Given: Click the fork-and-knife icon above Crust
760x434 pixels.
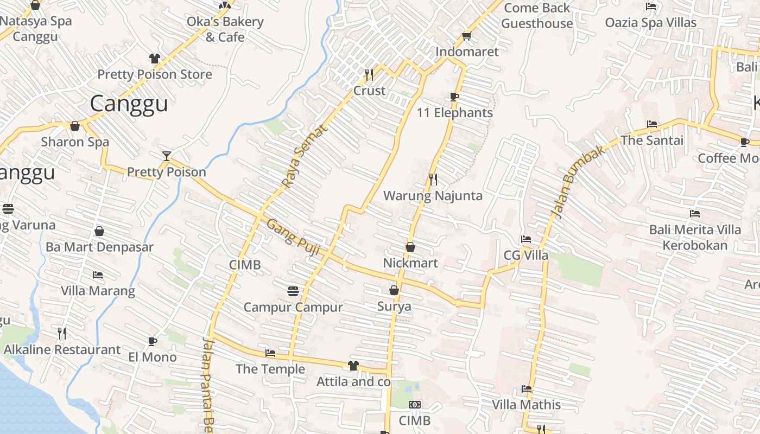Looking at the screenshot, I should click(369, 74).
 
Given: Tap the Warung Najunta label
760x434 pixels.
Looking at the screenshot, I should click(433, 196).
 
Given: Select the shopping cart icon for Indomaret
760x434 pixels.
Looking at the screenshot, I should click(466, 36).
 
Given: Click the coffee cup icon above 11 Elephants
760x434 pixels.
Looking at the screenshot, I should click(454, 97).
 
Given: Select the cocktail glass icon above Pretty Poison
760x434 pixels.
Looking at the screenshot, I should click(167, 156).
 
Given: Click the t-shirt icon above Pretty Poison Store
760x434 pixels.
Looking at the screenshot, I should click(155, 59).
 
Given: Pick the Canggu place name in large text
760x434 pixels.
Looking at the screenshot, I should click(129, 104).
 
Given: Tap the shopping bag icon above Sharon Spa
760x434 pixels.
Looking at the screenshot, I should click(75, 126).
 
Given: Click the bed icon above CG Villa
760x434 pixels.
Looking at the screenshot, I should click(525, 239).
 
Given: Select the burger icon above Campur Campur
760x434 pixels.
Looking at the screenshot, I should click(293, 291).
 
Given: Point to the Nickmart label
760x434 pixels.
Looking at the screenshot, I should click(410, 263).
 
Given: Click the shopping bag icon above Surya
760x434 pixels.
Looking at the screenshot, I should click(394, 290).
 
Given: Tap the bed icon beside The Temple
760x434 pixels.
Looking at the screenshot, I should click(270, 354).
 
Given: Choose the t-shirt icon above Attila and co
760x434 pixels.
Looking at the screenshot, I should click(353, 366).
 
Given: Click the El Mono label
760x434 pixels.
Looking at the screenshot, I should click(153, 357).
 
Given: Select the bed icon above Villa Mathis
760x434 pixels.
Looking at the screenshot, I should click(526, 389).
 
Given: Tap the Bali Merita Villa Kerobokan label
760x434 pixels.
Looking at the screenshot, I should click(695, 238).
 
